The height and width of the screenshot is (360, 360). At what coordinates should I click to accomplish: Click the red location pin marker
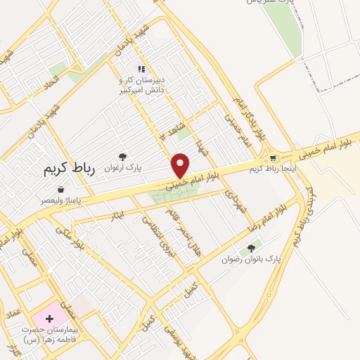pyautogui.click(x=181, y=165)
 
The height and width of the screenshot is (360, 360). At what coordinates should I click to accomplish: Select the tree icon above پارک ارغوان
pyautogui.click(x=123, y=157)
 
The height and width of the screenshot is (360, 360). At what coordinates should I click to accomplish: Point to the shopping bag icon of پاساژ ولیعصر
pyautogui.click(x=61, y=190)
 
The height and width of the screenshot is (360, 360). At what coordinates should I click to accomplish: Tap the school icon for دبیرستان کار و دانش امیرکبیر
pyautogui.click(x=141, y=69)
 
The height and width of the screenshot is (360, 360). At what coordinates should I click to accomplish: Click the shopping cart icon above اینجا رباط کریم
pyautogui.click(x=274, y=158)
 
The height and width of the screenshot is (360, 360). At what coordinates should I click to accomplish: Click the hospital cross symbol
pyautogui.click(x=49, y=319)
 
